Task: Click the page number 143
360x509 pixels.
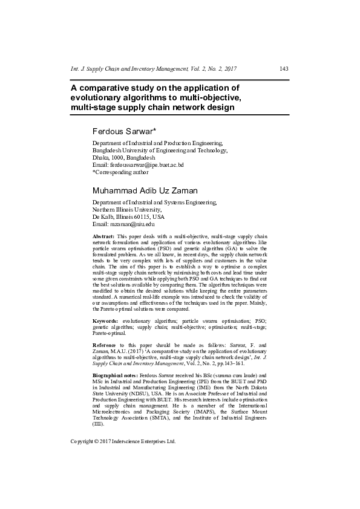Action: tap(284, 69)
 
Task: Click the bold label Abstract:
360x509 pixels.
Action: tap(103, 235)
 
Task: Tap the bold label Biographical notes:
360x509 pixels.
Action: tap(115, 376)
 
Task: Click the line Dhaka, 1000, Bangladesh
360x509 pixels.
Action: tap(123, 157)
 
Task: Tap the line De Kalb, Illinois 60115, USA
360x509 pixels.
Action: tap(128, 216)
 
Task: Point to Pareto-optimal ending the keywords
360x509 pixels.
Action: tap(109, 332)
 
